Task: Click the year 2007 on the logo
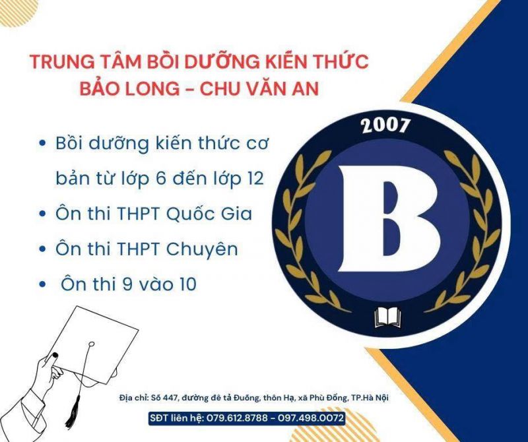click(386, 125)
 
